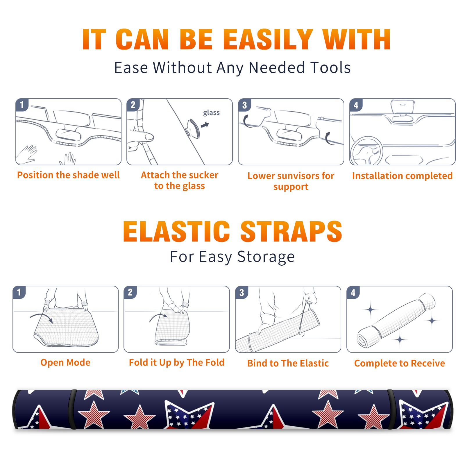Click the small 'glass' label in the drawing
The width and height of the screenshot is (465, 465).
point(211,112)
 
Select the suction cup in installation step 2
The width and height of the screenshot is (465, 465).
point(193,128)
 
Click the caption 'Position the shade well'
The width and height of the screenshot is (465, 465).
point(68,175)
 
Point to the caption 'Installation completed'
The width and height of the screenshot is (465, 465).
point(402,176)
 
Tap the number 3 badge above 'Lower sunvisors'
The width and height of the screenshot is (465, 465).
point(244,105)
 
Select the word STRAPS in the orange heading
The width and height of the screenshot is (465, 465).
point(291,231)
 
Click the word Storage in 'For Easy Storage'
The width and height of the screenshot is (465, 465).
point(266,257)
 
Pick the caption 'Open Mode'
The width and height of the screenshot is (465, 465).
point(65,362)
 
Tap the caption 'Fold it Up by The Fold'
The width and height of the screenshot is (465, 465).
point(177,362)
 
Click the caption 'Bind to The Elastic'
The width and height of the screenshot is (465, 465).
point(288,363)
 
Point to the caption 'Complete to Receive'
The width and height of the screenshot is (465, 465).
point(400,363)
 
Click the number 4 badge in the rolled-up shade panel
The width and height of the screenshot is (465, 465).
point(353,292)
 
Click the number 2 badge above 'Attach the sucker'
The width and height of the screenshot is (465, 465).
point(133,105)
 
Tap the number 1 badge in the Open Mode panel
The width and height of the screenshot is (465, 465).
point(19,292)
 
